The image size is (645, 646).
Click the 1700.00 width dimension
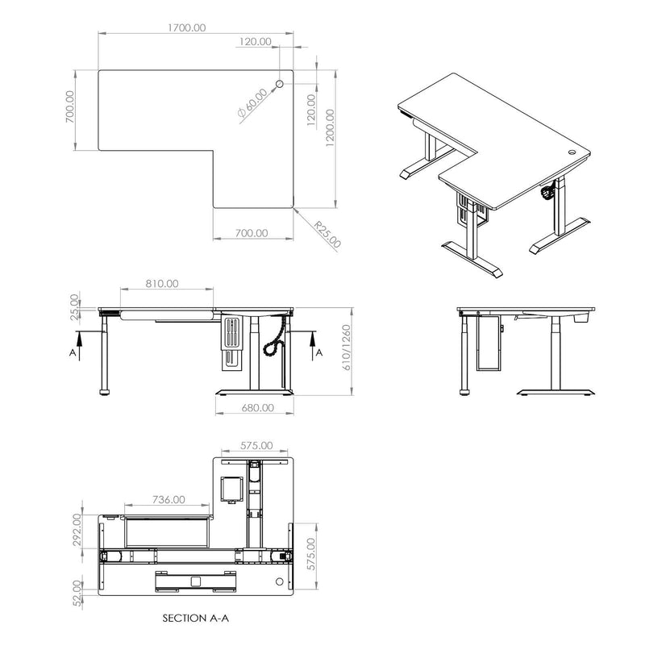(x=188, y=27)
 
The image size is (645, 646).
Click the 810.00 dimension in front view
(x=163, y=284)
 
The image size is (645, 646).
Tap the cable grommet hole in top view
(x=281, y=83)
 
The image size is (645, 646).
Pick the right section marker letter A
(x=320, y=353)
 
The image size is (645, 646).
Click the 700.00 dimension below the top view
(x=252, y=232)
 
